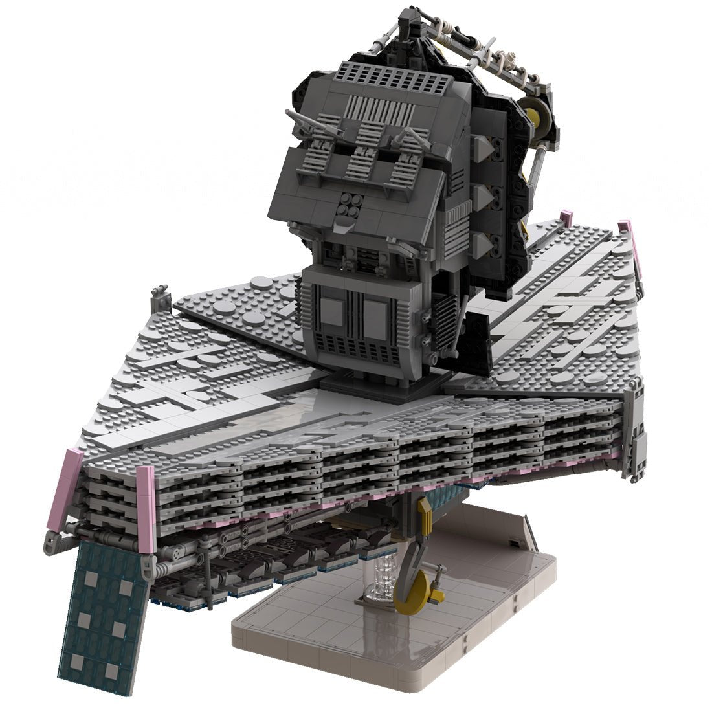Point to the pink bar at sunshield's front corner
click(146, 508)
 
